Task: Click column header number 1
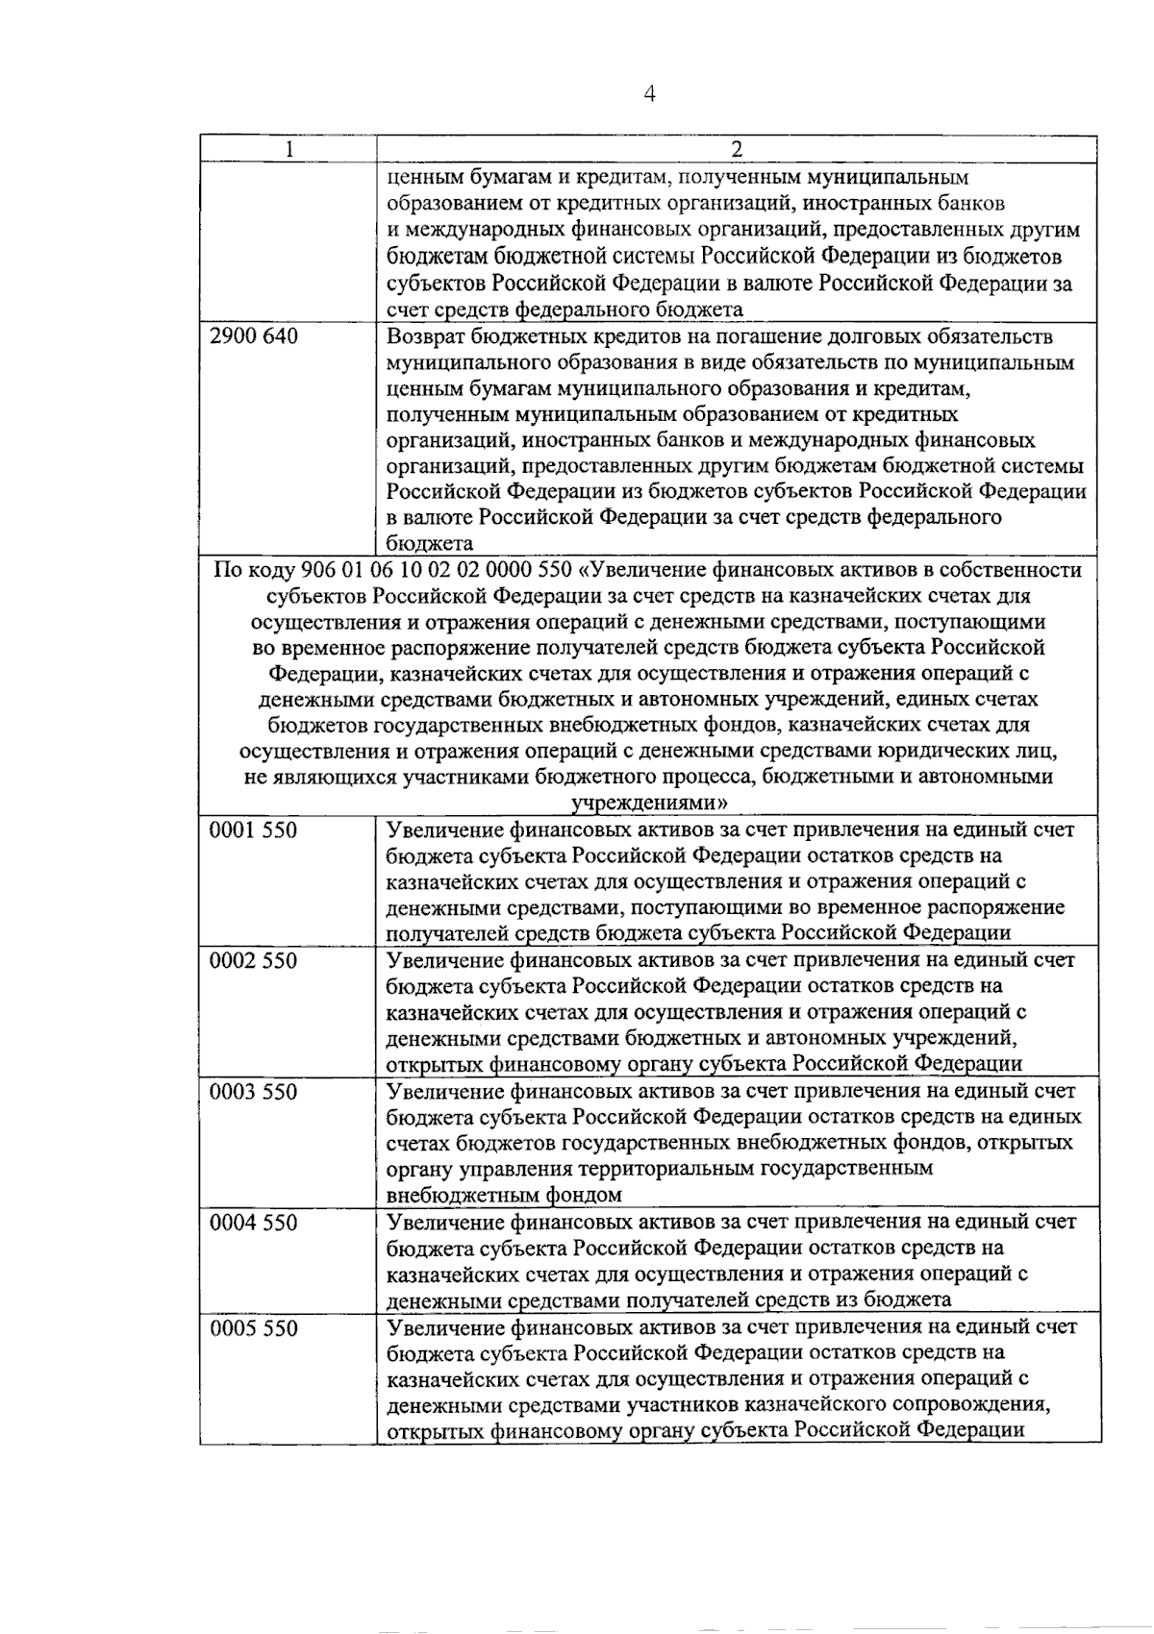tap(288, 150)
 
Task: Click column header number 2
tap(737, 150)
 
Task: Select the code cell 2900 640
tap(254, 336)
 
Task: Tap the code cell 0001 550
tap(254, 830)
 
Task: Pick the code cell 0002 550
tap(254, 961)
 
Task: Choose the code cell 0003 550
tap(254, 1092)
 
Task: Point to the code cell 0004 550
tap(254, 1223)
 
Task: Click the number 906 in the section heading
tap(318, 570)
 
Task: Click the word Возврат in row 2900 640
tap(426, 336)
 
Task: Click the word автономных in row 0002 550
tap(820, 1038)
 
